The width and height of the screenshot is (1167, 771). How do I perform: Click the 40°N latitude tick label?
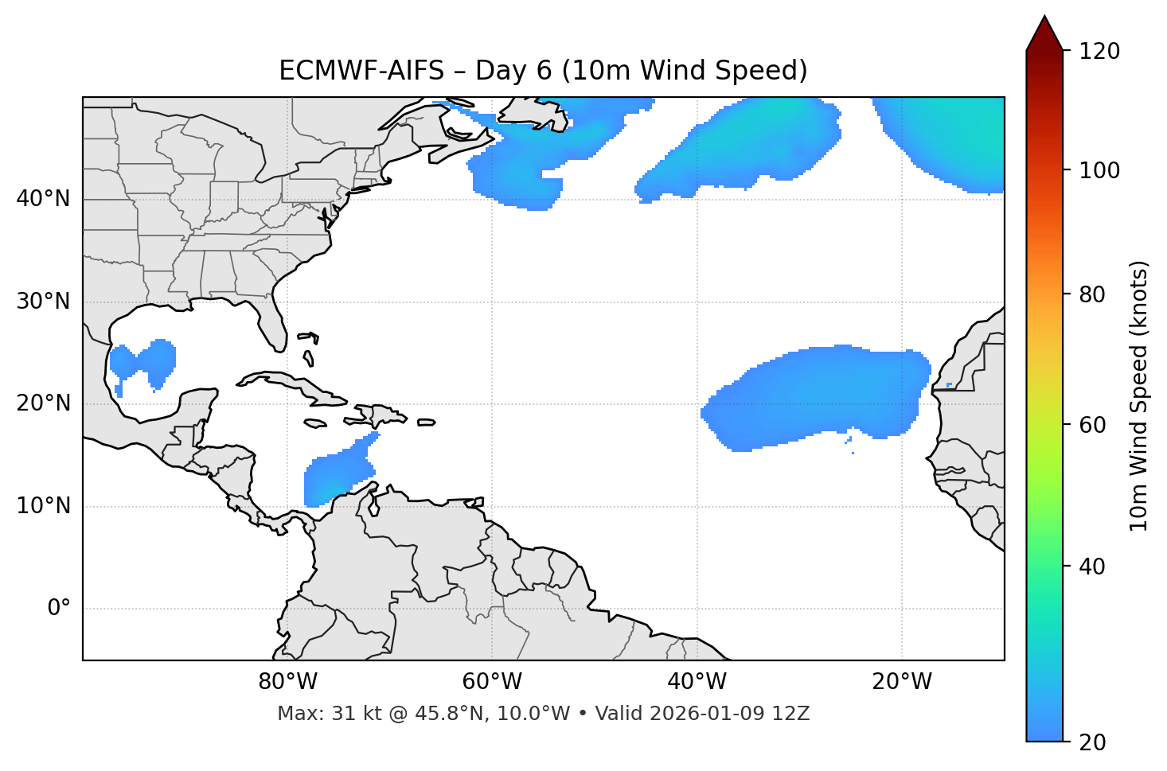(43, 199)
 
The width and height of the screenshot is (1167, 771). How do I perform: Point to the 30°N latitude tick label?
(43, 302)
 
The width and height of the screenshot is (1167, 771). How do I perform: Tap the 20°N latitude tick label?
(43, 404)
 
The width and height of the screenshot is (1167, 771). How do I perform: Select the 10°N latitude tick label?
(43, 506)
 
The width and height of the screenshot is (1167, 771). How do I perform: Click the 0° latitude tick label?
(59, 609)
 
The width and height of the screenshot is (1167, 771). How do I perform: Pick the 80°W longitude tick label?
(287, 682)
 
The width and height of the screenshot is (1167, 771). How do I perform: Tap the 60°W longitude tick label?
(492, 682)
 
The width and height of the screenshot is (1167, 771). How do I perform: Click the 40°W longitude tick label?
(697, 682)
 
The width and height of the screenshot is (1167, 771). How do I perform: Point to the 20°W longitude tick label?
(902, 682)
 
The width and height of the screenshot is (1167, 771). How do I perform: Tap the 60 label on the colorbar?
(1091, 425)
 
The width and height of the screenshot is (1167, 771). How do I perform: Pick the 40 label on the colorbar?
(1091, 567)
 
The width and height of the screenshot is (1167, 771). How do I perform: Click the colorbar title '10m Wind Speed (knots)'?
(1139, 395)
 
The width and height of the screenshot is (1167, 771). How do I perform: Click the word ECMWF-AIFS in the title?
(361, 71)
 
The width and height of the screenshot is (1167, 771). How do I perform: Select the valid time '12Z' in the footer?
(793, 714)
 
